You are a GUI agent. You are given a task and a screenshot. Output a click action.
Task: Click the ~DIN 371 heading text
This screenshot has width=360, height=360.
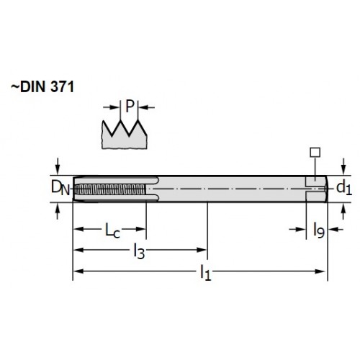pyautogui.click(x=42, y=86)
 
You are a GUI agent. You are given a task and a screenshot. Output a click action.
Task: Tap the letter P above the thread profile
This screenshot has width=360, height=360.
pyautogui.click(x=130, y=107)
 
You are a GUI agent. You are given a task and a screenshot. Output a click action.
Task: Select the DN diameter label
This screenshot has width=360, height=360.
pyautogui.click(x=60, y=188)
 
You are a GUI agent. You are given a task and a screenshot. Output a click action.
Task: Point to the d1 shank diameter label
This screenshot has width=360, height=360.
pyautogui.click(x=344, y=188)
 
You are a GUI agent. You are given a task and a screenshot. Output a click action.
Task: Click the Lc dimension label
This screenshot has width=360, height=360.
pyautogui.click(x=112, y=230)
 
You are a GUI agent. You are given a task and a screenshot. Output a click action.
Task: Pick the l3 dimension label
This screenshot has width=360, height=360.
pyautogui.click(x=139, y=251)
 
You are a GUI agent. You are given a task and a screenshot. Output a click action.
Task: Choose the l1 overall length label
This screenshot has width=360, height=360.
pyautogui.click(x=206, y=272)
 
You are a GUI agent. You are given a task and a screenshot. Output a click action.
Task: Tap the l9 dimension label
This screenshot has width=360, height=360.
pyautogui.click(x=319, y=230)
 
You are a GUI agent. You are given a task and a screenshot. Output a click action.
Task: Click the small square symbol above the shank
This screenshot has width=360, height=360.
pyautogui.click(x=315, y=152)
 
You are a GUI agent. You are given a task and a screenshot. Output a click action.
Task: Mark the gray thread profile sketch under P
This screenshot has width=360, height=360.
pyautogui.click(x=125, y=135)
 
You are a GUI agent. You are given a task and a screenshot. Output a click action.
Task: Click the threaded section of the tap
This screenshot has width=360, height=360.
pyautogui.click(x=110, y=189)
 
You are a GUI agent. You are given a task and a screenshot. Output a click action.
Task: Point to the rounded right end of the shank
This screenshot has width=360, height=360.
pyautogui.click(x=326, y=189)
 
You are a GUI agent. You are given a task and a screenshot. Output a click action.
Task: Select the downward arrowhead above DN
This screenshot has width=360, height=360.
pyautogui.click(x=57, y=171)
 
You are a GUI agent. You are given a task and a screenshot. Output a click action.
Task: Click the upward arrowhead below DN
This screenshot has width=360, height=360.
pyautogui.click(x=57, y=207)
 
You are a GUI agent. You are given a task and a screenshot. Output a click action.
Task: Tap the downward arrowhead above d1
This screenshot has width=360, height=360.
pyautogui.click(x=343, y=171)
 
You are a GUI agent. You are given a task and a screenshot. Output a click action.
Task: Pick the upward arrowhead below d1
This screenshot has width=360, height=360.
pyautogui.click(x=343, y=207)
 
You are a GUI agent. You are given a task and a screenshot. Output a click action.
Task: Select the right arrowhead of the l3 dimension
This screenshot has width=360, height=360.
pyautogui.click(x=202, y=250)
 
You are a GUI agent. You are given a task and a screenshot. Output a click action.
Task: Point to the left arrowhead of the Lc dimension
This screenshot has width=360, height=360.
pyautogui.click(x=78, y=229)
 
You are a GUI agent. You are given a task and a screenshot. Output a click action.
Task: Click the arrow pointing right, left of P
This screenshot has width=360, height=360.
pyautogui.click(x=111, y=107)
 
